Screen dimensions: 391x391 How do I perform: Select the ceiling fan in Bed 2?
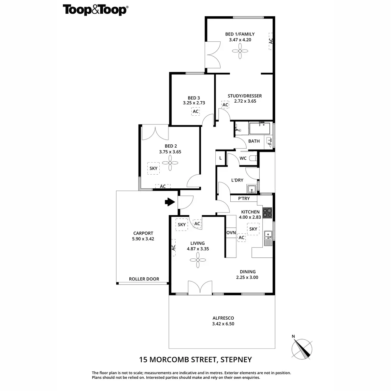click(169, 162)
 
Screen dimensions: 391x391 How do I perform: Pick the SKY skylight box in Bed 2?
click(153, 168)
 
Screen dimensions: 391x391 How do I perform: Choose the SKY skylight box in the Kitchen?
click(253, 229)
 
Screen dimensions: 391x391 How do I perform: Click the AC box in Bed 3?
click(195, 111)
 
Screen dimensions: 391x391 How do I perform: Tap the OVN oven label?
click(231, 233)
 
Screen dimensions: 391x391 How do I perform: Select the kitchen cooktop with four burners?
click(267, 212)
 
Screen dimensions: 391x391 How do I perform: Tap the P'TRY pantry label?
click(244, 198)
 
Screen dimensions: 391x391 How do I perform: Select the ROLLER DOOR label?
click(144, 279)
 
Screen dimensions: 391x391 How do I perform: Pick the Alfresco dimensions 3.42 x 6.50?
click(223, 324)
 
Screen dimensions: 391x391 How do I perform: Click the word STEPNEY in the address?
click(236, 360)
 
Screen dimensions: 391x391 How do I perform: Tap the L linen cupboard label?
click(221, 158)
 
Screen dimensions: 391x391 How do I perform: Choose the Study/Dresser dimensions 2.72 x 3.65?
click(245, 101)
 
